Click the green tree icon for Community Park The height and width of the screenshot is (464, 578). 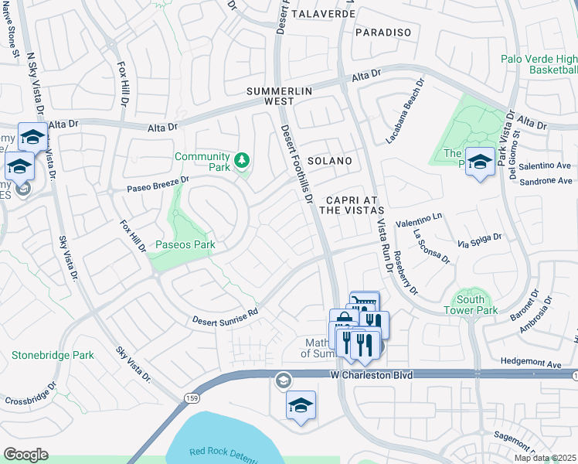pyautogui.click(x=243, y=160)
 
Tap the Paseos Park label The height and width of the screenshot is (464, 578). pyautogui.click(x=185, y=245)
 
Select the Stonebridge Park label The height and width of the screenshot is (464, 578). pyautogui.click(x=53, y=356)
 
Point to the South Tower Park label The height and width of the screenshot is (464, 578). pyautogui.click(x=471, y=304)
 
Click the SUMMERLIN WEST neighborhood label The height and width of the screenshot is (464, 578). pyautogui.click(x=279, y=96)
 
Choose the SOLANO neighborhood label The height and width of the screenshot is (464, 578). pyautogui.click(x=330, y=161)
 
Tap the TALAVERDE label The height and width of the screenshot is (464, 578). pyautogui.click(x=324, y=14)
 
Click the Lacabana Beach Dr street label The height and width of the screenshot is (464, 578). pyautogui.click(x=405, y=111)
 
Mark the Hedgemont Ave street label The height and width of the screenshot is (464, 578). pyautogui.click(x=529, y=361)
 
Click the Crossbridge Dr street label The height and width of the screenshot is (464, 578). pyautogui.click(x=30, y=394)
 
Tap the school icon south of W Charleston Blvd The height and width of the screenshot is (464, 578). pyautogui.click(x=301, y=404)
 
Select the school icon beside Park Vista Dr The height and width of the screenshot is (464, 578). pyautogui.click(x=480, y=162)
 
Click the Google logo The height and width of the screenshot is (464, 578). pyautogui.click(x=25, y=454)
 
